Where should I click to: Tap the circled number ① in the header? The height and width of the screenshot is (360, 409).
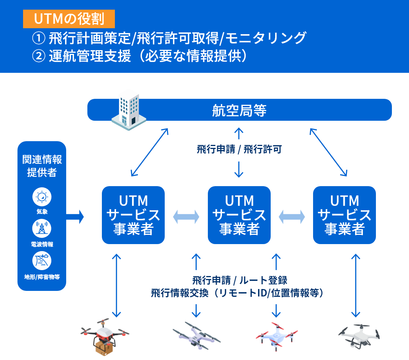pos(38,38)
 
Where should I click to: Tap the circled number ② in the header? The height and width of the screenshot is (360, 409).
pos(38,56)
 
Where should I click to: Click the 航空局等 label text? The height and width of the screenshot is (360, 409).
pos(239,110)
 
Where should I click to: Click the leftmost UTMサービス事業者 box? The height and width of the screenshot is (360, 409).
pos(133,215)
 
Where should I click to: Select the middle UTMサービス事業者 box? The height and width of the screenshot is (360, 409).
pos(239,215)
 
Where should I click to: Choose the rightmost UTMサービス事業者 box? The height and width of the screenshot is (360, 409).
pos(344,215)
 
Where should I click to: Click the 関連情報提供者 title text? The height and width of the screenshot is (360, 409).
pos(42,166)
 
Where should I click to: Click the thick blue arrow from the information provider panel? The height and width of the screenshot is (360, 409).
pos(75,216)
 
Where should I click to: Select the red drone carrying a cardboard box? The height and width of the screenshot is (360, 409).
pos(105,335)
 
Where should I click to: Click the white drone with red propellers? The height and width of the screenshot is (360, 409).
pos(276,335)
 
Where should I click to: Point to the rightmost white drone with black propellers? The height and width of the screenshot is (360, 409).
pos(359,335)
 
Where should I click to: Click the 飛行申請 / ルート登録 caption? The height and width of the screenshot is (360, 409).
pos(239,280)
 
